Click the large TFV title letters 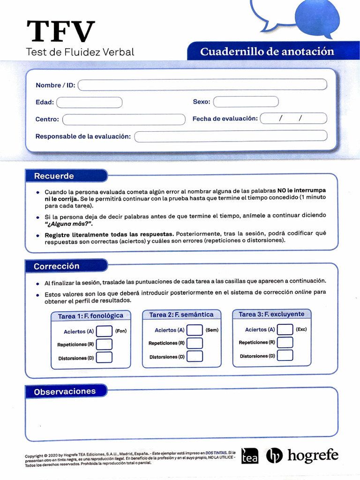pyautogui.click(x=61, y=32)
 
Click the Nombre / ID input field pyautogui.click(x=202, y=85)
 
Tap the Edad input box pyautogui.click(x=89, y=102)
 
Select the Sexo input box pyautogui.click(x=246, y=102)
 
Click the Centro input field pyautogui.click(x=124, y=120)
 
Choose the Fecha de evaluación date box pyautogui.click(x=293, y=119)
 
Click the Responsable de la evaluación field pyautogui.click(x=231, y=136)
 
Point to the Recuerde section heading pyautogui.click(x=54, y=176)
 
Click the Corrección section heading pyautogui.click(x=56, y=266)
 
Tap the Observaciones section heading pyautogui.click(x=65, y=391)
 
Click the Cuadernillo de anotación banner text pyautogui.click(x=267, y=52)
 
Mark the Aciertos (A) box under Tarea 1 pyautogui.click(x=104, y=331)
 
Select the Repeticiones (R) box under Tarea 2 pyautogui.click(x=195, y=343)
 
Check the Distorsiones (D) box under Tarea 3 pyautogui.click(x=285, y=356)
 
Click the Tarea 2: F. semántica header pyautogui.click(x=181, y=315)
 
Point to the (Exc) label pyautogui.click(x=301, y=330)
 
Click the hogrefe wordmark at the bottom pyautogui.click(x=313, y=455)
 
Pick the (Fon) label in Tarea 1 pyautogui.click(x=121, y=331)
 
